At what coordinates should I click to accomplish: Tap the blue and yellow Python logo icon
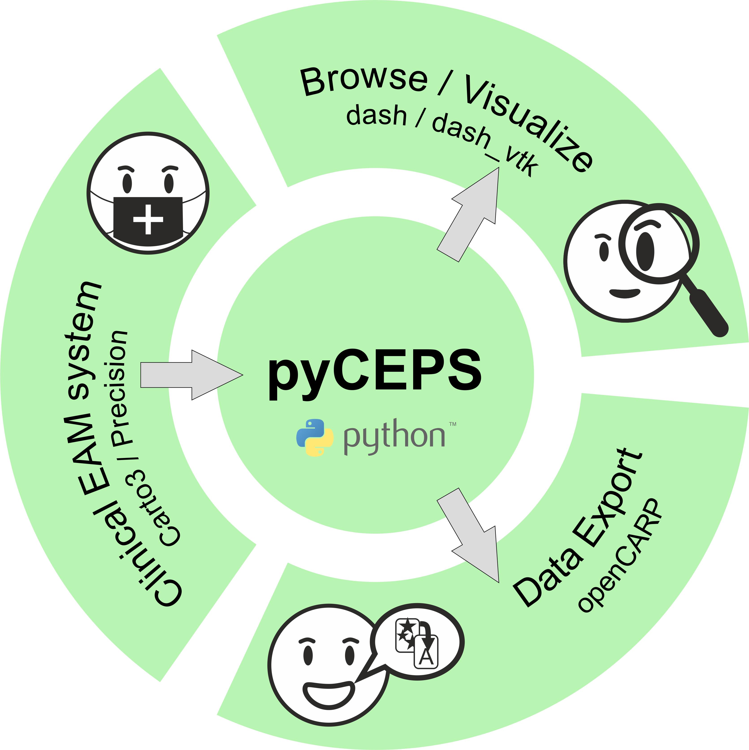(315, 438)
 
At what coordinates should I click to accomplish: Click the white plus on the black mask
(148, 219)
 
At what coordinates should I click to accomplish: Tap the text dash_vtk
(485, 144)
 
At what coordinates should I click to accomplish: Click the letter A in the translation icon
(426, 656)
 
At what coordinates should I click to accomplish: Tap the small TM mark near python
(453, 424)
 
